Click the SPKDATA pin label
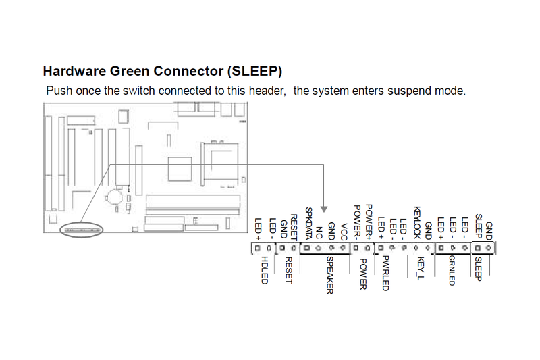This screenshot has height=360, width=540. coord(308,222)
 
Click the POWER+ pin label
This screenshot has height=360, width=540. coord(369,221)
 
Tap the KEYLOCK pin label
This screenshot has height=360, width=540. coord(417,222)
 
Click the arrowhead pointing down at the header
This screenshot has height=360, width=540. coord(324,208)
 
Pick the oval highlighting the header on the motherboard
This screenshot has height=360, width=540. coord(81,230)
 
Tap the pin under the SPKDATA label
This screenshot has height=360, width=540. coord(308,248)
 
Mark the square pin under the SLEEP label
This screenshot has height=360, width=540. coord(479,248)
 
